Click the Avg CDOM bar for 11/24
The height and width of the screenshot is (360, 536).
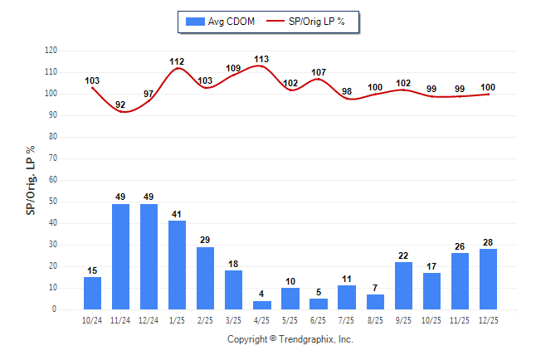121,256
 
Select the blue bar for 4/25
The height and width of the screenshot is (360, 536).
262,304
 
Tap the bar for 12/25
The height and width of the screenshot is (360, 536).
488,279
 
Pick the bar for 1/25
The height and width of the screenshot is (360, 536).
178,265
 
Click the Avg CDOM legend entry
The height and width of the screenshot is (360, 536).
220,22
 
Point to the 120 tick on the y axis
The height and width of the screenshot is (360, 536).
51,51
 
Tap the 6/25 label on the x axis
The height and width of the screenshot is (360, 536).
319,319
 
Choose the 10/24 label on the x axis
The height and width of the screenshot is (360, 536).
93,319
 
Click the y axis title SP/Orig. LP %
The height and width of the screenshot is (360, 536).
31,179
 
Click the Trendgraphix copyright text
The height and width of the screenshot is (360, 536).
290,339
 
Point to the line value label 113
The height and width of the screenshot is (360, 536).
261,59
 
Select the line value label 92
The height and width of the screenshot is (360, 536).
121,105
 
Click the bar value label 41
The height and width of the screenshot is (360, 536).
178,214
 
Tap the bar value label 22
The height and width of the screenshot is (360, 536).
403,255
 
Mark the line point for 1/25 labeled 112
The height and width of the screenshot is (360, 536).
178,68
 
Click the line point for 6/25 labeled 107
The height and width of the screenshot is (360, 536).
319,79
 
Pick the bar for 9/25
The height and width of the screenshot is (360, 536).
403,285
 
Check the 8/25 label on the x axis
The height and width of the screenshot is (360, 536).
375,319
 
